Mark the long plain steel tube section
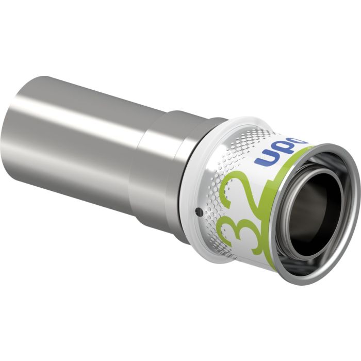(x=77, y=134)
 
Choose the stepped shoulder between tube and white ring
(x=155, y=165)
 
